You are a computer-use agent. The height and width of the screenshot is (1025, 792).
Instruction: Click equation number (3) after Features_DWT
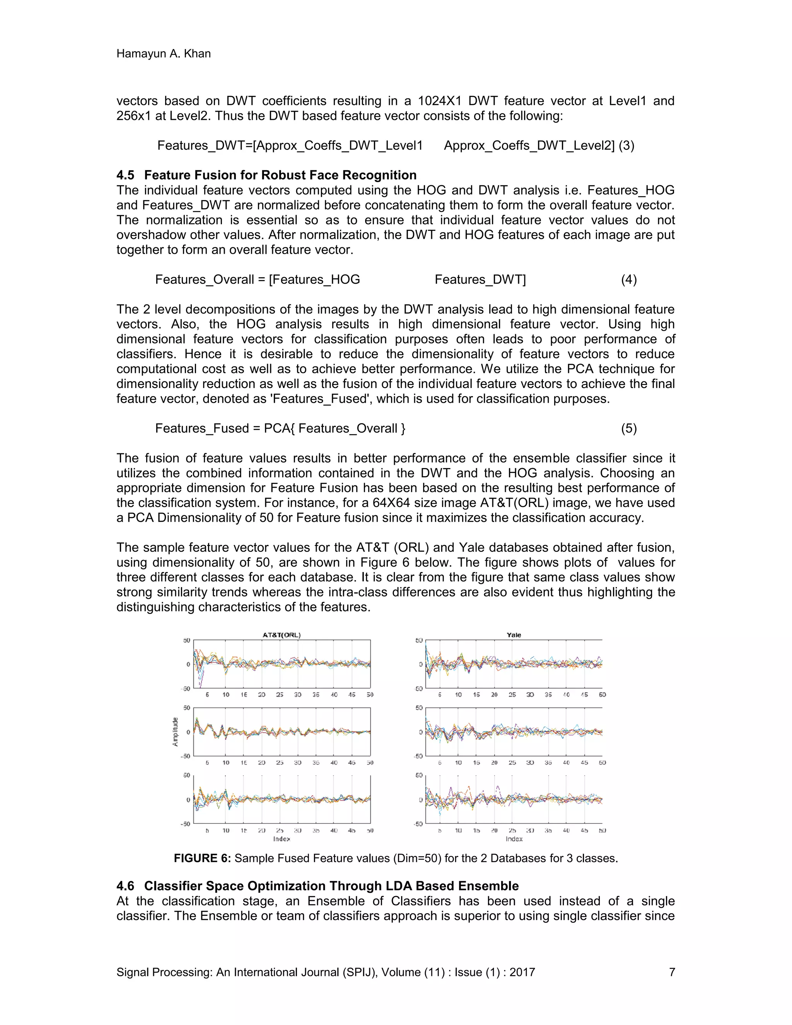[x=626, y=145]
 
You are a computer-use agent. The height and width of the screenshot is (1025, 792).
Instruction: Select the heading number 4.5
[x=125, y=175]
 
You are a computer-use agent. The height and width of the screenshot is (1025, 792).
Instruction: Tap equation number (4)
[x=629, y=280]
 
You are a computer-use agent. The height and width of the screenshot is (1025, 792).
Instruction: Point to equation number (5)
[x=629, y=429]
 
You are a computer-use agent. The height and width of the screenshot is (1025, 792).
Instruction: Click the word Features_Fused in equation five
[x=202, y=429]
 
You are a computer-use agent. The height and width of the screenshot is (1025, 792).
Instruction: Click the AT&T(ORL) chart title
[x=282, y=635]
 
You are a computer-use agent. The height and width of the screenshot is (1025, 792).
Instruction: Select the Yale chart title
[x=514, y=635]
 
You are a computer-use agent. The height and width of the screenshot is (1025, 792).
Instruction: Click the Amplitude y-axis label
[x=176, y=732]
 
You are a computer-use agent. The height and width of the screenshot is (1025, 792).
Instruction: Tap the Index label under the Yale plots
[x=514, y=839]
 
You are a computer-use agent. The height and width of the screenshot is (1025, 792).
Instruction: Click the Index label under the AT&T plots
[x=282, y=839]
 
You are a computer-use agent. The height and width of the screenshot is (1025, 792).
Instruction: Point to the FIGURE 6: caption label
[x=202, y=858]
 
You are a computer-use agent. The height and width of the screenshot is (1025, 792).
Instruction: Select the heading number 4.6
[x=125, y=886]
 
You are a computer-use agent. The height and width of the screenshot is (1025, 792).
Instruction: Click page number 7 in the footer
[x=672, y=972]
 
